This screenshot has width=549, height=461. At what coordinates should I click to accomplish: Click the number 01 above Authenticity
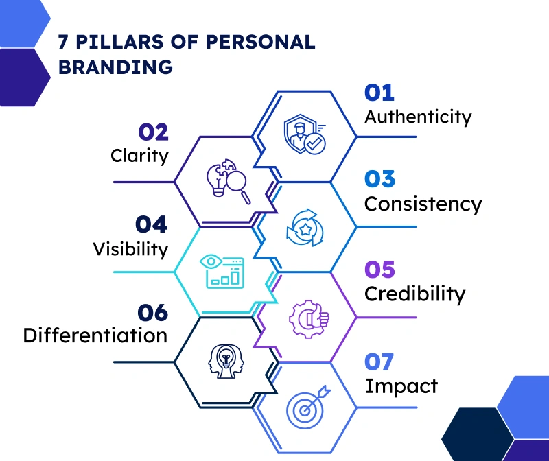(x=379, y=93)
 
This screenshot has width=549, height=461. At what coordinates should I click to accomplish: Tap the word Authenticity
(x=418, y=117)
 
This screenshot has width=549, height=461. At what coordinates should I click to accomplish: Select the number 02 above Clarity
(x=153, y=132)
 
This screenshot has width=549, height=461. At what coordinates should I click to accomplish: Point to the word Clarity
(x=139, y=156)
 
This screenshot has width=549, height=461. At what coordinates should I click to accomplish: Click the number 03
(x=380, y=180)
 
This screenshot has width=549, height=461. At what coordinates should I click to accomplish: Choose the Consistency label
(x=423, y=204)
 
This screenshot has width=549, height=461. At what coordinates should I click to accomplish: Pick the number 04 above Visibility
(x=151, y=224)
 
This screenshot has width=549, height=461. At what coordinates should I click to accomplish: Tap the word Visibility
(x=130, y=248)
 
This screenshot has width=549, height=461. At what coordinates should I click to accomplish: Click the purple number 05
(x=380, y=270)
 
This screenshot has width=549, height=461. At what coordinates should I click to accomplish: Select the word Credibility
(x=414, y=294)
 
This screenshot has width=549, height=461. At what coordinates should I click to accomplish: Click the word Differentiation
(x=95, y=335)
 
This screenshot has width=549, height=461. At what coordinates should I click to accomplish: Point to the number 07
(x=380, y=362)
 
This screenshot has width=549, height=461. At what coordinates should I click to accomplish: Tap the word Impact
(x=401, y=386)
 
